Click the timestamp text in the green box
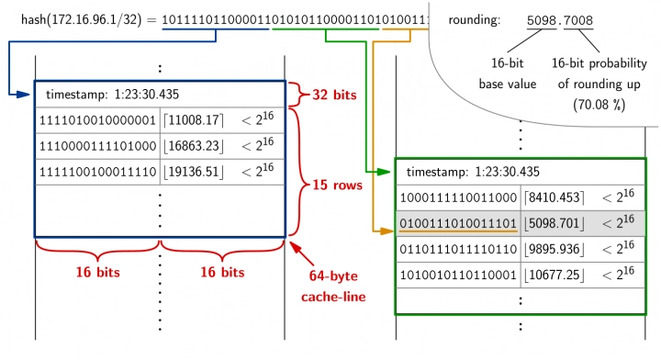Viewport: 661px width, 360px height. point(472,171)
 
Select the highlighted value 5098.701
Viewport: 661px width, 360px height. point(554,222)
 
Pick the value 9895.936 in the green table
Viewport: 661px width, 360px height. point(554,248)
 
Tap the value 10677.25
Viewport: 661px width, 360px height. point(554,274)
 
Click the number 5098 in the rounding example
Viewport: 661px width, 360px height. point(543,19)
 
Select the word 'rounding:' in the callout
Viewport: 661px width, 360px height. point(475,19)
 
